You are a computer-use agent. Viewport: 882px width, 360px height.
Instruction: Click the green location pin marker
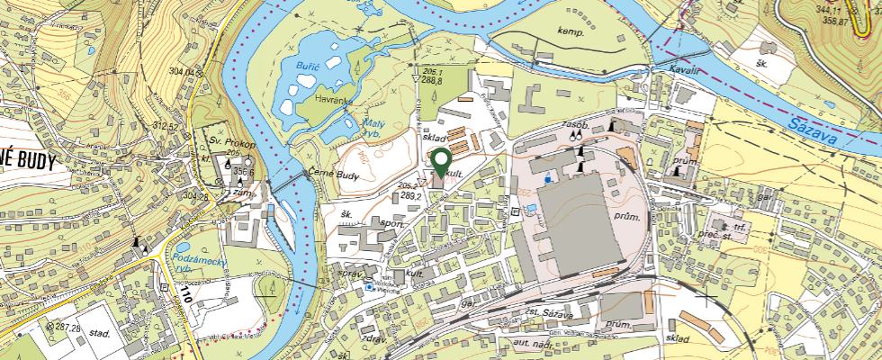[x=441, y=163]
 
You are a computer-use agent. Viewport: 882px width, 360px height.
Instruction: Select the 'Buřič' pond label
[x=308, y=67]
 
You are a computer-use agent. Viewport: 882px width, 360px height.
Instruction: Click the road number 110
[x=186, y=293]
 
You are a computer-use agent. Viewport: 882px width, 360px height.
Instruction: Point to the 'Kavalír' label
[x=685, y=69]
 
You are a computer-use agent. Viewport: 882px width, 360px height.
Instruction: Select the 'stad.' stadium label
[x=99, y=334]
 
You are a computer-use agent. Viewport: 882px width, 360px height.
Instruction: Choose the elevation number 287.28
[x=65, y=325]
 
